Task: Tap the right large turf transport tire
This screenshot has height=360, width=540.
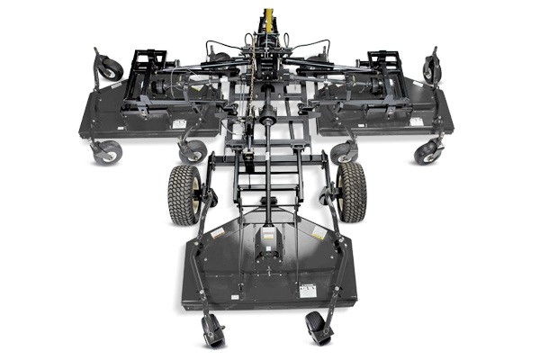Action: [352, 192]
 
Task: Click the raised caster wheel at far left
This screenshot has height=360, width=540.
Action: [109, 67]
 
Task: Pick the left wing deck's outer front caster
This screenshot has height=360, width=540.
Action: [107, 151]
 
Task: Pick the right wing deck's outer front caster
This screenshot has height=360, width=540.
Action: [427, 151]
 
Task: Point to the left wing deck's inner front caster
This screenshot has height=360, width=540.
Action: [193, 150]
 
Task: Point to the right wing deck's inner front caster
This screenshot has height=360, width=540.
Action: [343, 152]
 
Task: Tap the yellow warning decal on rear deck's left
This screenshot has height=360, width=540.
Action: [216, 233]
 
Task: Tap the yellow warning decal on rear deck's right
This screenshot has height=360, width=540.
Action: [318, 233]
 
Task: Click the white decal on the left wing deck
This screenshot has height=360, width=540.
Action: [178, 124]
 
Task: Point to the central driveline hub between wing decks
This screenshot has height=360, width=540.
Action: [267, 114]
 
